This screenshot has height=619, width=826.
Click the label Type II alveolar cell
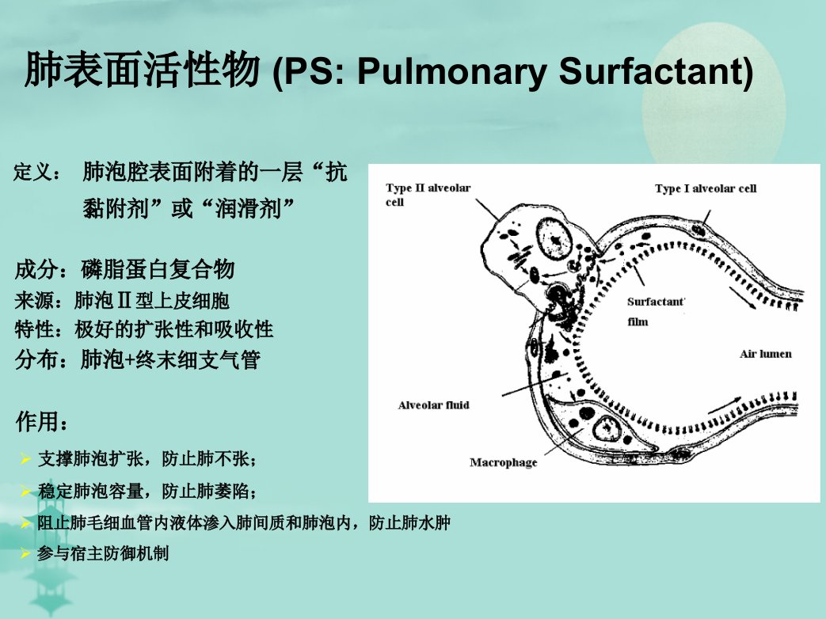tap(428, 195)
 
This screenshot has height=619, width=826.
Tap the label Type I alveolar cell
tap(706, 188)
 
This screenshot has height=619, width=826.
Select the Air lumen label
tap(766, 354)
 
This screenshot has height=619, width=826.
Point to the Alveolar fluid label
tap(433, 404)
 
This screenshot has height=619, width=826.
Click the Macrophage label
tap(503, 463)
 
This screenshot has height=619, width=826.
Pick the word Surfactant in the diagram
tap(656, 302)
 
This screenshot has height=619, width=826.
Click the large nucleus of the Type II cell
tap(554, 240)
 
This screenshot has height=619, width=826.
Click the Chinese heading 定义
tap(31, 172)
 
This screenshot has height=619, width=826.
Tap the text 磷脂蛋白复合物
tap(158, 269)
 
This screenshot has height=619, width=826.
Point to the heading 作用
tap(36, 422)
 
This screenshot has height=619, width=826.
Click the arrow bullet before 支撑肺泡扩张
tap(25, 458)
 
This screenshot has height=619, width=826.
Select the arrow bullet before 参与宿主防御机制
tap(25, 553)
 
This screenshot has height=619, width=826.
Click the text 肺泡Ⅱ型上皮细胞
tap(152, 301)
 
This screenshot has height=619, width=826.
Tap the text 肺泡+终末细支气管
tap(170, 359)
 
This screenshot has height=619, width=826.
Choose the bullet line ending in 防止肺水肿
tap(243, 522)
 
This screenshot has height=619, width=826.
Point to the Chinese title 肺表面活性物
tap(143, 70)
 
